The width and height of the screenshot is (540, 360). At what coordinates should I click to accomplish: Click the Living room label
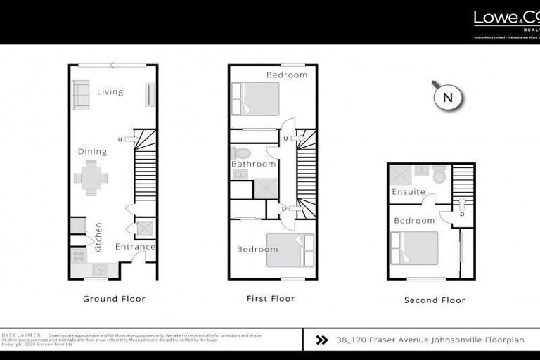pos(110,91)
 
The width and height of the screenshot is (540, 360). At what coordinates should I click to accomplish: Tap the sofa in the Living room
pos(80,95)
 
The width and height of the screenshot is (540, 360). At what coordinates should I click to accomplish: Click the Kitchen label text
pos(98,237)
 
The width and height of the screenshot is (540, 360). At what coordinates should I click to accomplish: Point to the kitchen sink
pos(99,269)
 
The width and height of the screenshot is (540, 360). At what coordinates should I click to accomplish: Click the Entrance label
pos(134,247)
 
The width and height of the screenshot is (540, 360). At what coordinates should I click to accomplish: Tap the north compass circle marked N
pos(447,98)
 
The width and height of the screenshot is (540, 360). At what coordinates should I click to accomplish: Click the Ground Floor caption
pos(114,299)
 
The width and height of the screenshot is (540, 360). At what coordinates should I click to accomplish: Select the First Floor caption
pos(271,299)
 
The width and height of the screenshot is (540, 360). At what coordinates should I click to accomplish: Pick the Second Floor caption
pos(435,300)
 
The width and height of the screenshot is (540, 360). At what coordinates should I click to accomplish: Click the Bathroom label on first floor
pos(254,164)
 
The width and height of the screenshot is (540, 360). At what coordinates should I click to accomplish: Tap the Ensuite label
pos(409,191)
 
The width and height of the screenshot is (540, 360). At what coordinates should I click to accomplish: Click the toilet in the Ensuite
pos(439,174)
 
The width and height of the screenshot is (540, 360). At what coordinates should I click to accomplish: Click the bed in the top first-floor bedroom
pos(256,98)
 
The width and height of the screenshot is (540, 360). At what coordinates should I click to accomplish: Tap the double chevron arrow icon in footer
pos(322,340)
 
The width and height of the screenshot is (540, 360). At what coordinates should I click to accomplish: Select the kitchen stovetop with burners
pos(77,257)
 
